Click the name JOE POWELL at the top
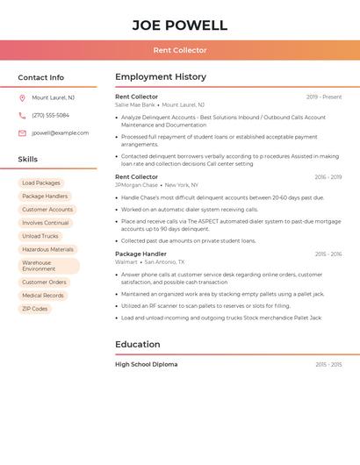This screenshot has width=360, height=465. (x=179, y=25)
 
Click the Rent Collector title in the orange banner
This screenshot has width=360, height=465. (x=179, y=50)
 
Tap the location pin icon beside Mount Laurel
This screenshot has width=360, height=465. (x=22, y=97)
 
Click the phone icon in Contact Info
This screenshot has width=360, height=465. (x=22, y=115)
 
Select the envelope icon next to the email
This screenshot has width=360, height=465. (x=22, y=133)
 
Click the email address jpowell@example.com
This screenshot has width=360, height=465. (x=60, y=133)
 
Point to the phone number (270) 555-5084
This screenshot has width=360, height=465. (x=50, y=115)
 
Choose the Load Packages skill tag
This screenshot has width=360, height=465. (x=41, y=183)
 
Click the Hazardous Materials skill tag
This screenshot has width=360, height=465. (x=47, y=249)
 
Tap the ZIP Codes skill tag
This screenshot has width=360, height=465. (x=35, y=309)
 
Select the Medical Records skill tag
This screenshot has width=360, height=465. (x=43, y=296)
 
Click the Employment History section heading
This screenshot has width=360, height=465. (x=161, y=77)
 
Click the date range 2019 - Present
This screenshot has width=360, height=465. (x=324, y=97)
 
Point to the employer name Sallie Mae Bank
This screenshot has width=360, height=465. (x=135, y=104)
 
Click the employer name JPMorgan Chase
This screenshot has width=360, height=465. (x=136, y=185)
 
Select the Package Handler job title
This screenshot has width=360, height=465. (x=140, y=254)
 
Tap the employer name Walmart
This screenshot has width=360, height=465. (x=126, y=261)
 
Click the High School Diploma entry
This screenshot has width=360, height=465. (x=146, y=364)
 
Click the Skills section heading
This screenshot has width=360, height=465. (x=28, y=160)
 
